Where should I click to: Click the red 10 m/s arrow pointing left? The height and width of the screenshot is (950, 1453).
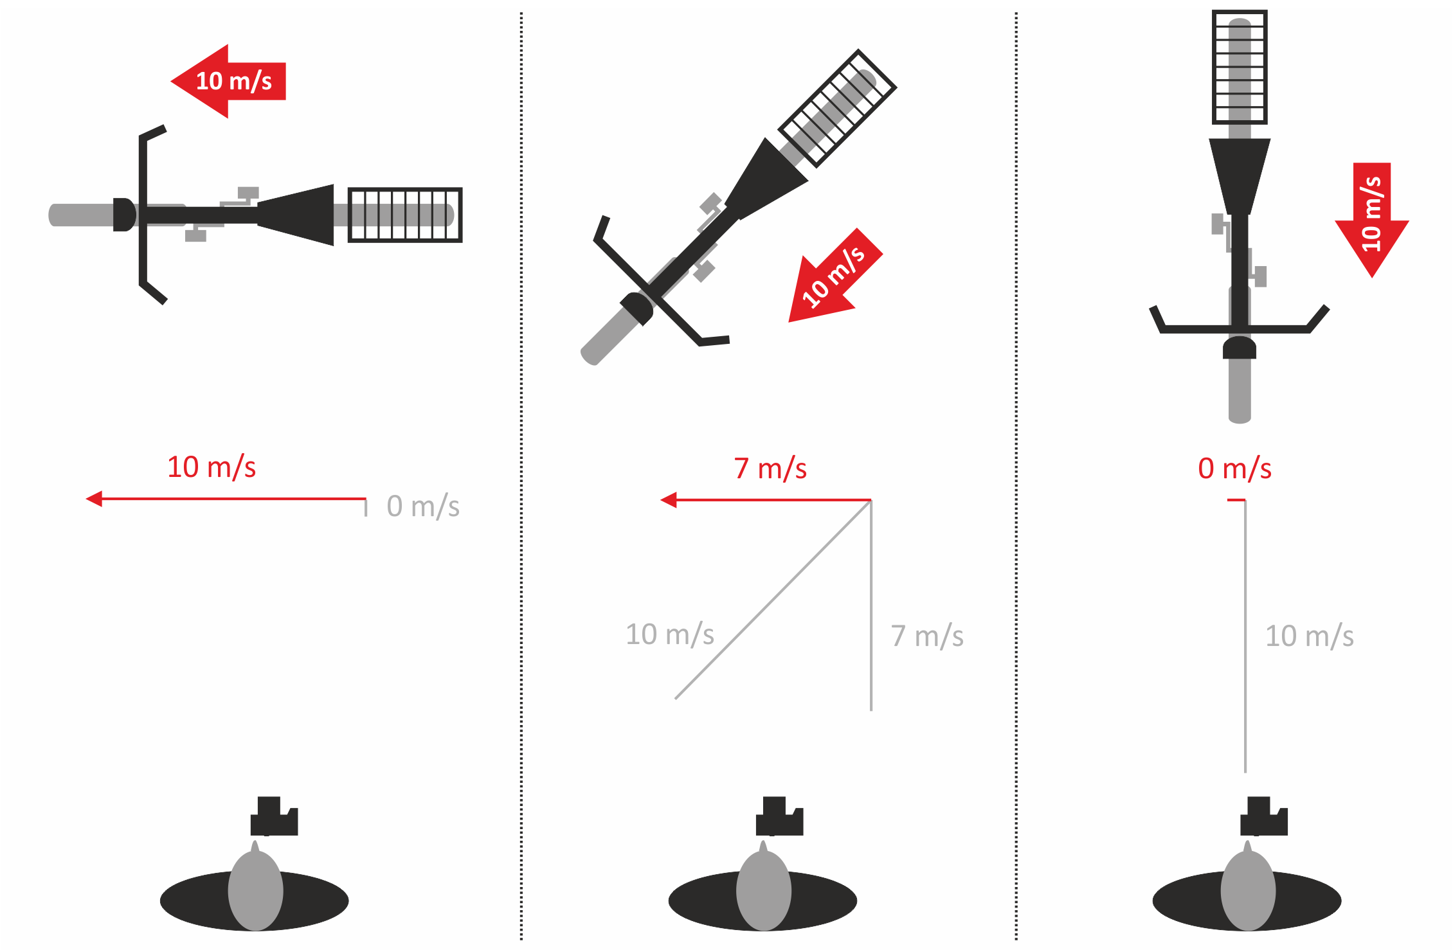(228, 82)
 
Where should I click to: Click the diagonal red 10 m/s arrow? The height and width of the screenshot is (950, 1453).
(834, 276)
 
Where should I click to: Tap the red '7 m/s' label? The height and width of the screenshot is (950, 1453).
(770, 469)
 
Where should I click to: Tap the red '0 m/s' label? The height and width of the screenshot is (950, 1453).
(1234, 469)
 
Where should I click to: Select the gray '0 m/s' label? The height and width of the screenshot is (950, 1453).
(423, 506)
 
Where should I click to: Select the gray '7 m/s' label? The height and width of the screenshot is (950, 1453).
(927, 636)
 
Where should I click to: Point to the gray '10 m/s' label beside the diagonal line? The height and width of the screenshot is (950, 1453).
(670, 634)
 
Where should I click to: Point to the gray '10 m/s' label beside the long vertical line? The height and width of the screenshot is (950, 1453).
(1310, 636)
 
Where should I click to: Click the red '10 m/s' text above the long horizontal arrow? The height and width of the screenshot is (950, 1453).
(212, 467)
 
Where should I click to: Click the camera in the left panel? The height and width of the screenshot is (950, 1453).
(274, 816)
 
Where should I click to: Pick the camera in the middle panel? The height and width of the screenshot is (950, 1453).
(779, 816)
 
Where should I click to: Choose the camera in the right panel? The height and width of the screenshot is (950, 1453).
(1264, 816)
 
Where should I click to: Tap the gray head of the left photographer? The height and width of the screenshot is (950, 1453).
(255, 887)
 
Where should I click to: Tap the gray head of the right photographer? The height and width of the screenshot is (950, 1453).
(1248, 887)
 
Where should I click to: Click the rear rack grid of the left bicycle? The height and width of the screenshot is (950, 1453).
(405, 215)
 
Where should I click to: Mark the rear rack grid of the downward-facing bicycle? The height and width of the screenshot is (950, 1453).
(1240, 67)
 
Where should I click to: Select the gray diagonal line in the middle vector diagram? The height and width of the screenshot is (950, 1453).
(773, 599)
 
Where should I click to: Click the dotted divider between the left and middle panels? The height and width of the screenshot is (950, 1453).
(521, 476)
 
